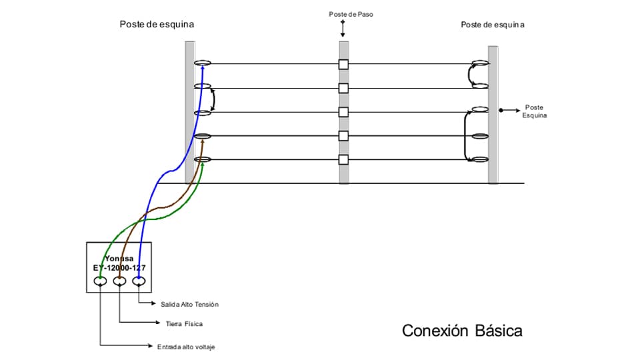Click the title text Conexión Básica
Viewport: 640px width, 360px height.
coord(462,331)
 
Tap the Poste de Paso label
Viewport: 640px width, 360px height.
coord(346,14)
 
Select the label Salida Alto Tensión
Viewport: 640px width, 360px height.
coord(189,304)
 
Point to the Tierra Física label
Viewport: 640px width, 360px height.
coord(184,324)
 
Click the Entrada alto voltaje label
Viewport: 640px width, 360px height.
coord(186,347)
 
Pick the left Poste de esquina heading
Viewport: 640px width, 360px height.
coord(157,25)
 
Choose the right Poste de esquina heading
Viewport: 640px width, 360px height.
coord(493,25)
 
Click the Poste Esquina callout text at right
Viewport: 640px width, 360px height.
coord(535,111)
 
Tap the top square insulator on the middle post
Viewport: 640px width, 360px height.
coord(343,65)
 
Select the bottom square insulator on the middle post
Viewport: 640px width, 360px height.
coord(343,159)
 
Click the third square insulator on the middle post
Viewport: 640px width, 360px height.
coord(343,112)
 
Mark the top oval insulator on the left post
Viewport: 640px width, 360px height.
coord(203,63)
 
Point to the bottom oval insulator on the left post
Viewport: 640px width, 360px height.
coord(203,159)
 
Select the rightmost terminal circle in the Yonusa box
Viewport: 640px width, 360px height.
coord(139,281)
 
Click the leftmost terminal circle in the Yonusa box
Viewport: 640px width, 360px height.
coord(100,281)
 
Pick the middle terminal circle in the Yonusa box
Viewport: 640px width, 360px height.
coord(119,281)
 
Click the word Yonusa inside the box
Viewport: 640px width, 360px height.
coord(119,259)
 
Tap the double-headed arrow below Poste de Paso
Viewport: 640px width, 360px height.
coord(343,29)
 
